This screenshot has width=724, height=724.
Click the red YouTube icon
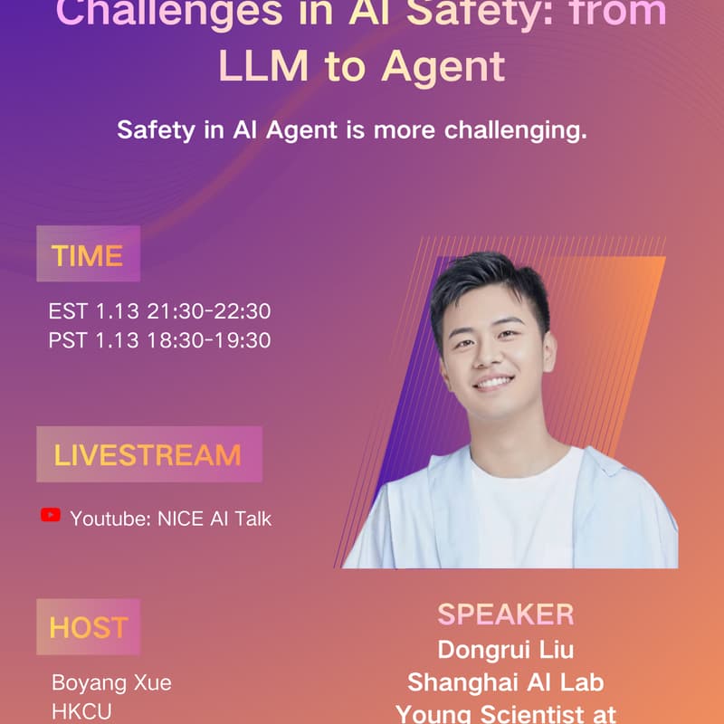[51, 516]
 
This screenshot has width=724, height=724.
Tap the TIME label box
[88, 255]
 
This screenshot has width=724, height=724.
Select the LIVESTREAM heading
[148, 454]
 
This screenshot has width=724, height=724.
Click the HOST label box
[88, 627]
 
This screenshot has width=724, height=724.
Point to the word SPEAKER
[505, 614]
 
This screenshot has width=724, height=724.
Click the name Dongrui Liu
[505, 650]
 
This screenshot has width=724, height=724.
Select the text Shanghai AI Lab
[505, 681]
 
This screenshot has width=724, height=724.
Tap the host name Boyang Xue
[111, 682]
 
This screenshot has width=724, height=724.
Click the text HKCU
[81, 712]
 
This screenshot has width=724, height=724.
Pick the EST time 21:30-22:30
[205, 312]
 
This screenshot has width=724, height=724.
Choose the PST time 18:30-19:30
[205, 340]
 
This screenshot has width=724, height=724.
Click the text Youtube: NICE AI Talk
[170, 519]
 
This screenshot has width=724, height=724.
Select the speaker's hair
[488, 281]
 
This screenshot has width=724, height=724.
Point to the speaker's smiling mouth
[494, 382]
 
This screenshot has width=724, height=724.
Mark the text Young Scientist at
[505, 713]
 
